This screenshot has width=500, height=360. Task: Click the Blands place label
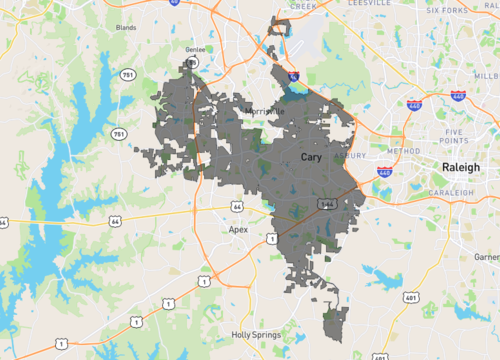click(126, 28)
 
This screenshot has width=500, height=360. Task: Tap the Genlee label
click(194, 48)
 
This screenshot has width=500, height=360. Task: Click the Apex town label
click(238, 229)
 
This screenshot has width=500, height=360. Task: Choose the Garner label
click(487, 257)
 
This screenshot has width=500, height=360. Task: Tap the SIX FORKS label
click(446, 10)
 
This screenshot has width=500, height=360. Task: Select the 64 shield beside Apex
click(237, 205)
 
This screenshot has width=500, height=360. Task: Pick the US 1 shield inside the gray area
click(271, 238)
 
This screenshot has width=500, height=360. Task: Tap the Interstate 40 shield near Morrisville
click(292, 76)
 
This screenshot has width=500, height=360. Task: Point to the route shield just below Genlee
click(192, 63)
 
